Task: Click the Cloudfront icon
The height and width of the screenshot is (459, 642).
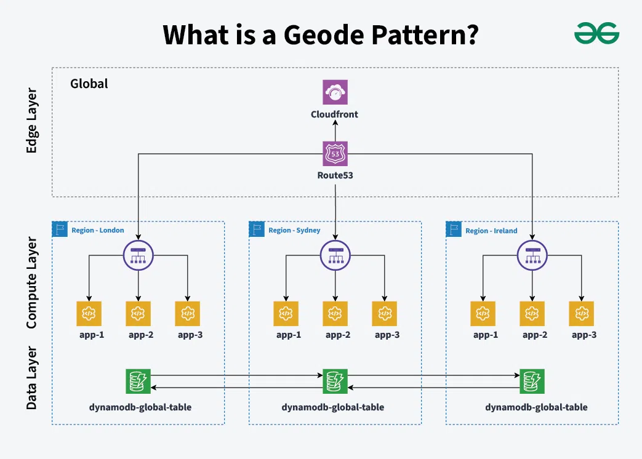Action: tap(335, 92)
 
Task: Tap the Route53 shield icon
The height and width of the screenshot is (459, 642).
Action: tap(335, 154)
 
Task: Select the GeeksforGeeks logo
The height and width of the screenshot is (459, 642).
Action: tap(596, 33)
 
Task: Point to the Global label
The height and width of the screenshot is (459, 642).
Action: tap(89, 84)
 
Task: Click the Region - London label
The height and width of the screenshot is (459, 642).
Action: tap(97, 231)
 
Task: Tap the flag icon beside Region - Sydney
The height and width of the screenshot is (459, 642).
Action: tap(257, 229)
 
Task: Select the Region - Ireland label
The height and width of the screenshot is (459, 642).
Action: tap(491, 231)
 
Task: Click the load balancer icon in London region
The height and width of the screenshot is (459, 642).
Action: tap(138, 254)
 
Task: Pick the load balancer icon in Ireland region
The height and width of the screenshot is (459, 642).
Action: tap(532, 254)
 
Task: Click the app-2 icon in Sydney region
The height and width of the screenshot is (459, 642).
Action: tap(335, 313)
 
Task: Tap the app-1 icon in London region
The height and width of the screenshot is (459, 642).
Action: tap(89, 313)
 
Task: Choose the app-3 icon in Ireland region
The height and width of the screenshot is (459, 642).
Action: tap(581, 313)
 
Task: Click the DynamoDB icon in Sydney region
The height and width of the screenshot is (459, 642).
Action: tap(335, 381)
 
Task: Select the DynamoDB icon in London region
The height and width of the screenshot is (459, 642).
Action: tap(138, 381)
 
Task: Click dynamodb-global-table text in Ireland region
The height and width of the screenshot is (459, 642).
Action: tap(536, 407)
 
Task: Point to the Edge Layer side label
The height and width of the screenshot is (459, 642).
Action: tap(31, 121)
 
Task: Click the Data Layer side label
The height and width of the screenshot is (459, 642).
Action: tap(31, 378)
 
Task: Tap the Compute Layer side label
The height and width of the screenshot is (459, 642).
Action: tap(31, 282)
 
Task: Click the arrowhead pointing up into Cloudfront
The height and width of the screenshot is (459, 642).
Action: tap(335, 124)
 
